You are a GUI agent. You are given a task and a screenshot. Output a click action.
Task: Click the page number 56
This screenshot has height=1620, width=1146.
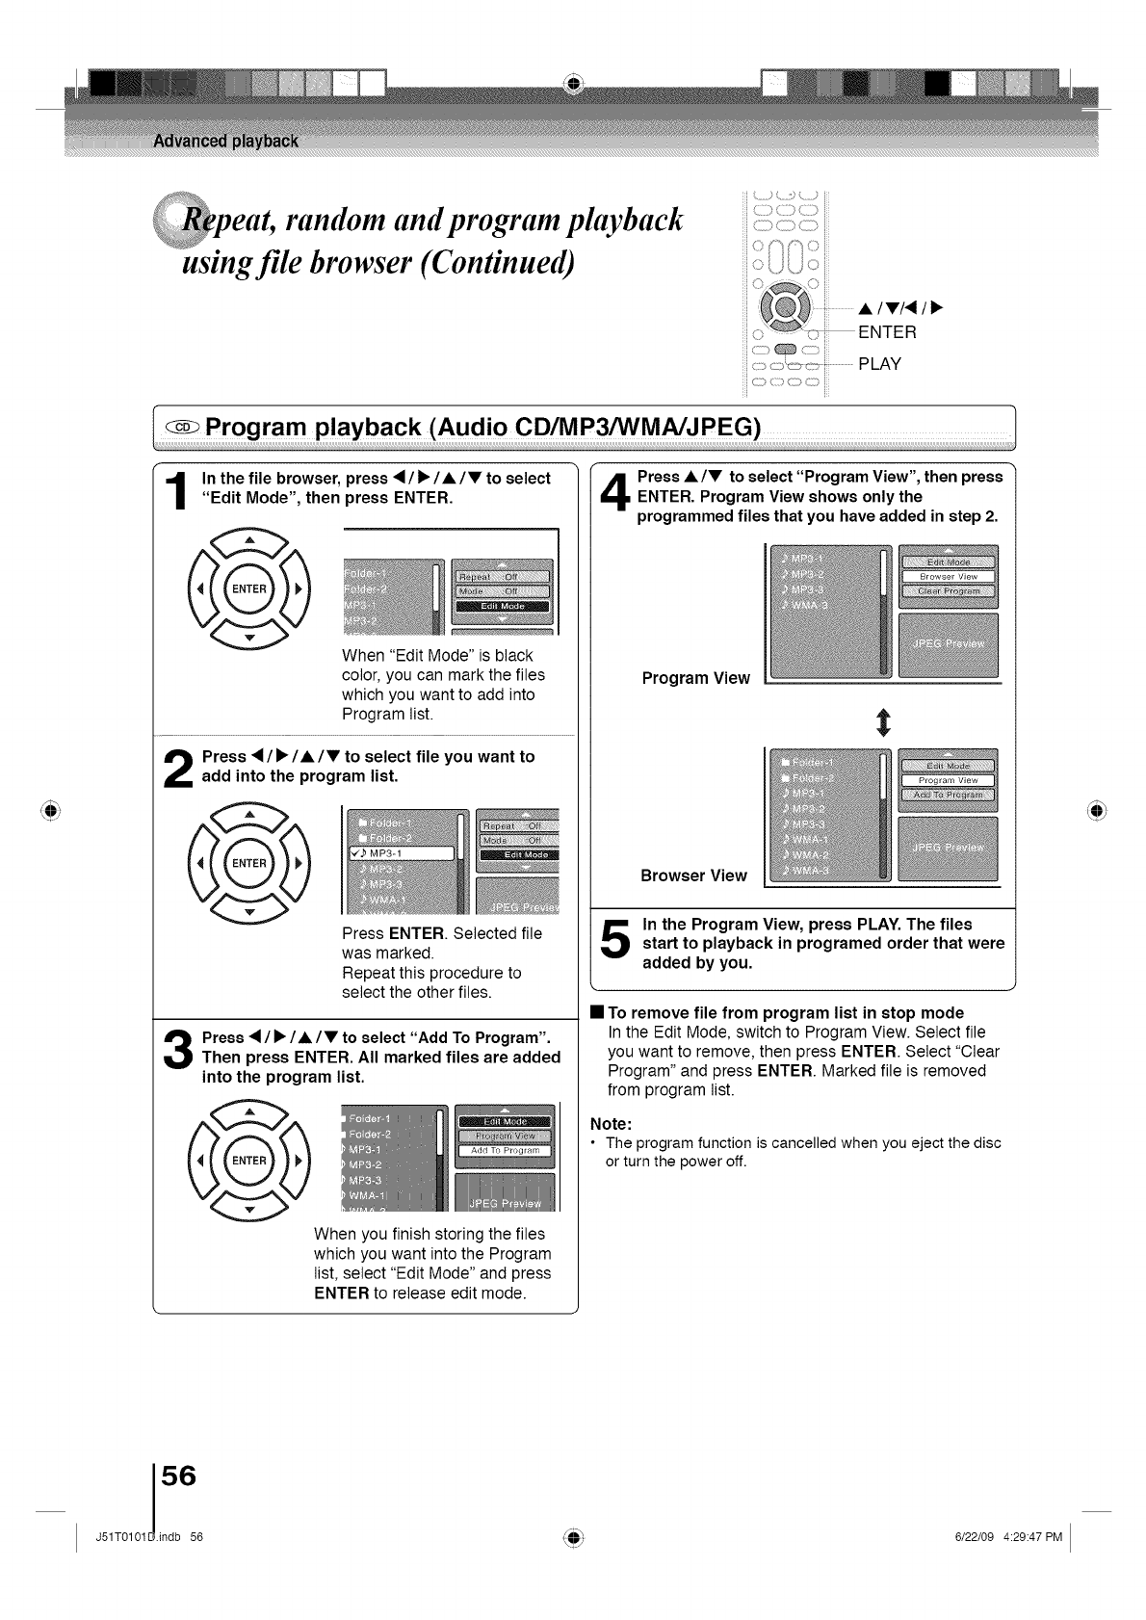tap(178, 1476)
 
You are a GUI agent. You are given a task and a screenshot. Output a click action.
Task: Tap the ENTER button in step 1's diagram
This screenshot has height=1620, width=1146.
tap(248, 589)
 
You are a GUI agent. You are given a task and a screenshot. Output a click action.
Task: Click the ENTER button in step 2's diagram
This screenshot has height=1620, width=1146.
tap(248, 864)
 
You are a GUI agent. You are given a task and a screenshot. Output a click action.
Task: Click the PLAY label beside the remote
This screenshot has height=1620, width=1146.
tap(879, 364)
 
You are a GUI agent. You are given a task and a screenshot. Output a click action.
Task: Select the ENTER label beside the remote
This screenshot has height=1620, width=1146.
tap(887, 333)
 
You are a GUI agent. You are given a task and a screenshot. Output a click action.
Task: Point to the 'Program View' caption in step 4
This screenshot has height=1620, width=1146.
tap(695, 678)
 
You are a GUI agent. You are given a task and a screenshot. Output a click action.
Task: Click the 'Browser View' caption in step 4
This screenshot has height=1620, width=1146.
tap(693, 875)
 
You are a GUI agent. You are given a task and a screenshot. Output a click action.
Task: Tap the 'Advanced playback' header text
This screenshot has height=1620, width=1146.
tap(226, 142)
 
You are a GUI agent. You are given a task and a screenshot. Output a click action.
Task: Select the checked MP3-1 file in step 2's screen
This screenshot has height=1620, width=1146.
tap(400, 852)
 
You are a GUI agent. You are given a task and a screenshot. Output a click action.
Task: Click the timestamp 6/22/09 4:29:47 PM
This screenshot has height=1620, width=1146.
tap(1003, 1536)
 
